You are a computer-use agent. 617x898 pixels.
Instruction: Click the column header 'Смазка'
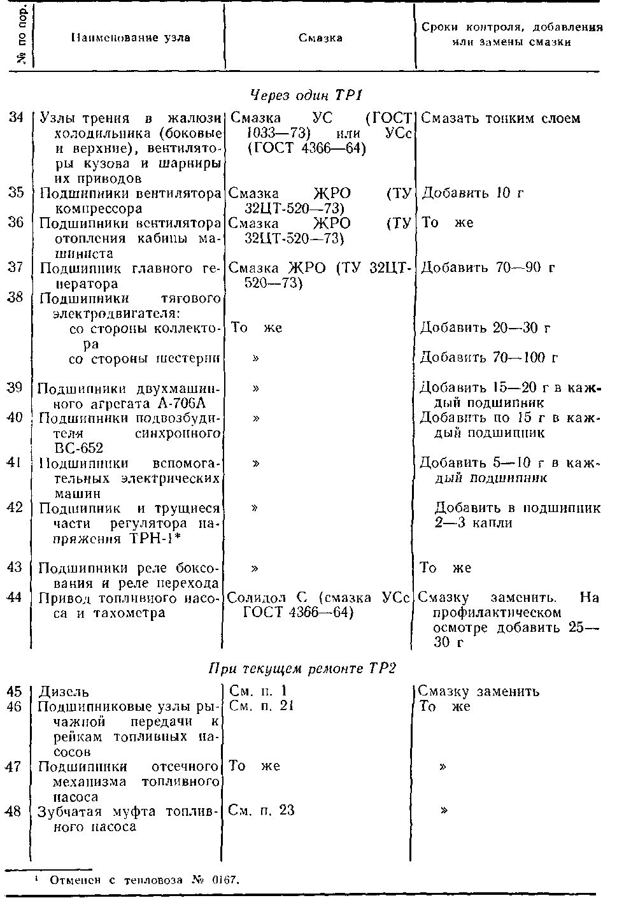click(x=320, y=38)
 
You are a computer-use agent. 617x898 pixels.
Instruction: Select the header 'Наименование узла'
click(x=130, y=38)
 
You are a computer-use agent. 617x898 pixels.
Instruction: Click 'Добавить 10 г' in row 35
click(x=472, y=193)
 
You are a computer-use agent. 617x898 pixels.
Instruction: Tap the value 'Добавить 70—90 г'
click(x=487, y=267)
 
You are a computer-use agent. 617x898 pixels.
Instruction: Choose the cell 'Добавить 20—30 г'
click(x=485, y=328)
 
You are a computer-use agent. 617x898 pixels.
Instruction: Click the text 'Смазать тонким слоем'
click(x=500, y=118)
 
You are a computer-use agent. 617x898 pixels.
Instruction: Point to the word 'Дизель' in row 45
click(x=64, y=692)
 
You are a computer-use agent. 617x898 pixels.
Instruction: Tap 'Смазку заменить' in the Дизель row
click(x=478, y=692)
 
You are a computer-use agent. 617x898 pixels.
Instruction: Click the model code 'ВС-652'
click(x=79, y=448)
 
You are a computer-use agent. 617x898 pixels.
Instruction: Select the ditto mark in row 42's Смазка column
click(x=255, y=508)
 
